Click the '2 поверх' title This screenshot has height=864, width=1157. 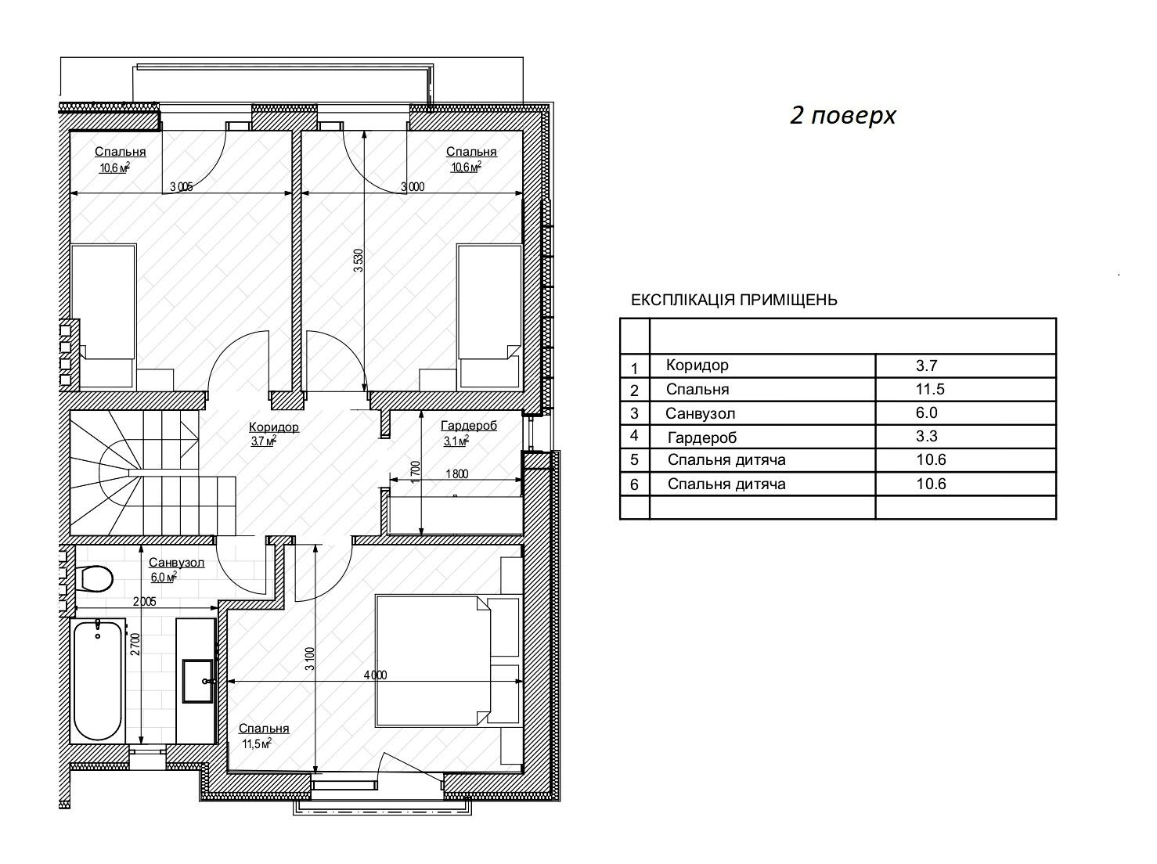click(x=842, y=115)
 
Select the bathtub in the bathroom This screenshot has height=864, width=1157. click(x=98, y=681)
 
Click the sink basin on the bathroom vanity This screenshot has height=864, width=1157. click(x=199, y=681)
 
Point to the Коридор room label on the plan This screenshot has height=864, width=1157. click(x=273, y=427)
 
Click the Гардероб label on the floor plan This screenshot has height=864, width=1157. click(x=469, y=426)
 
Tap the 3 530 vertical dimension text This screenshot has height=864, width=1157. click(x=359, y=260)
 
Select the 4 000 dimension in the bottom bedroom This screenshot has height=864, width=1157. click(x=375, y=675)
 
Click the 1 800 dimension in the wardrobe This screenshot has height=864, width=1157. click(x=456, y=473)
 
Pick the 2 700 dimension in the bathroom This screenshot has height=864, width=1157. click(x=135, y=644)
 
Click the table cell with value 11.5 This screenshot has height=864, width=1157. click(x=930, y=389)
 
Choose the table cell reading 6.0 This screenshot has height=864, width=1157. click(x=927, y=412)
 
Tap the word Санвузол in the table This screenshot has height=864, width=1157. click(x=700, y=413)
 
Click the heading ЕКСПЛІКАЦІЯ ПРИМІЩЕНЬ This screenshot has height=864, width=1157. click(x=733, y=301)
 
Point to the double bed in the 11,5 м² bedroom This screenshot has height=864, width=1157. click(x=433, y=660)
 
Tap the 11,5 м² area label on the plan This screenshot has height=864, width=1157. click(x=257, y=744)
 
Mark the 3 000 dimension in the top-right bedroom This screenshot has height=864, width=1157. click(x=413, y=187)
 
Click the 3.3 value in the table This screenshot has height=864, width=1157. click(x=927, y=436)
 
